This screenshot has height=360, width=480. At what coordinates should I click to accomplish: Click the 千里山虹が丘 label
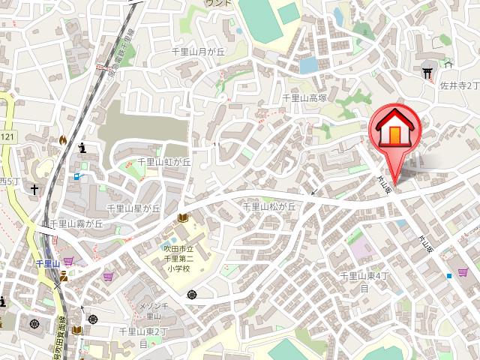tap(164, 161)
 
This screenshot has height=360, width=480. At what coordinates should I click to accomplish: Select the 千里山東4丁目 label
tap(364, 281)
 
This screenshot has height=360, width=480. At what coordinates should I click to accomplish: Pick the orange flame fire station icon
tap(63, 139)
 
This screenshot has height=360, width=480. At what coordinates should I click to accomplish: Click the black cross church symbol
tap(34, 190)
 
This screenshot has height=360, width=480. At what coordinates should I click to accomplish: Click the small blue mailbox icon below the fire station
tap(77, 177)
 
